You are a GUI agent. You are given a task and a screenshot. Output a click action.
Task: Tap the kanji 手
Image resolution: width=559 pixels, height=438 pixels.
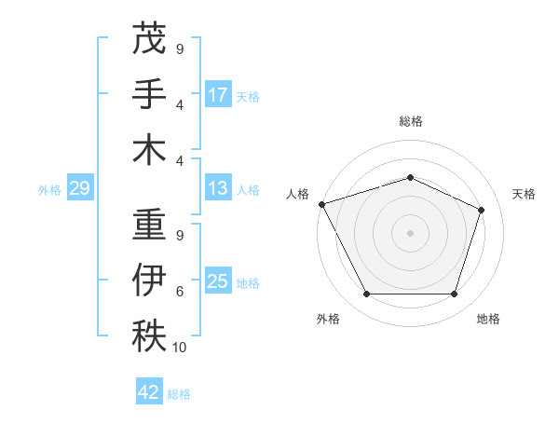149,94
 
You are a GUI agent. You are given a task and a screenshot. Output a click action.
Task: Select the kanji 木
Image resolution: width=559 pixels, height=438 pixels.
149,150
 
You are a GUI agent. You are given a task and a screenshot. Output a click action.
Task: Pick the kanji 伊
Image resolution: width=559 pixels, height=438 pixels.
149,281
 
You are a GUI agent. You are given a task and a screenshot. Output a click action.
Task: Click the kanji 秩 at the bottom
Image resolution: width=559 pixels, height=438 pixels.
149,336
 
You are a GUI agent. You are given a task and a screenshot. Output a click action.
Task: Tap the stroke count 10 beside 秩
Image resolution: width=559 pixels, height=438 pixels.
180,348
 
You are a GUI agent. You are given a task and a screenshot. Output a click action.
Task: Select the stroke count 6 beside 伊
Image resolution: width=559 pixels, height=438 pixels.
180,292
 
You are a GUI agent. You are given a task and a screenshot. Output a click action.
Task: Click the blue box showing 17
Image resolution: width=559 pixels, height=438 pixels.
218,94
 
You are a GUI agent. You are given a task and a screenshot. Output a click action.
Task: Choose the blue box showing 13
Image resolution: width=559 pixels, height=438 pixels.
218,188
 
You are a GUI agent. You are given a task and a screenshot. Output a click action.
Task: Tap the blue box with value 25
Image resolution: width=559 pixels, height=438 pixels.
218,281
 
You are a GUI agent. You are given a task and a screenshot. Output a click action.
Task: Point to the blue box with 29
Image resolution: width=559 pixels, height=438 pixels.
79,189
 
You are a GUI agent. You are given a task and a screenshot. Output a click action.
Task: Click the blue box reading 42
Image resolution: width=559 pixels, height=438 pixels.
149,392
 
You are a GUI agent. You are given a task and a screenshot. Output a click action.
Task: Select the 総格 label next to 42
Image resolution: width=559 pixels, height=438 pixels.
179,394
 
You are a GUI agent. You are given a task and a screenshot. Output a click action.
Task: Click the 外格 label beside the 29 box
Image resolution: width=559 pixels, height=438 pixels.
49,190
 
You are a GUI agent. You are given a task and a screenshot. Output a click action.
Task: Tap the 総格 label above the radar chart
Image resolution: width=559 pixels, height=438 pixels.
410,121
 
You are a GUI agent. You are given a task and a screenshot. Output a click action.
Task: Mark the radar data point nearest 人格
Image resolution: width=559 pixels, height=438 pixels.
321,204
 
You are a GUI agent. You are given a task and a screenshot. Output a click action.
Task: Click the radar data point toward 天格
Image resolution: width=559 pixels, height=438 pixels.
482,210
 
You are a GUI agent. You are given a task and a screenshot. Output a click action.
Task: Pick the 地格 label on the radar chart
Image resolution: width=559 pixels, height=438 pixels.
488,319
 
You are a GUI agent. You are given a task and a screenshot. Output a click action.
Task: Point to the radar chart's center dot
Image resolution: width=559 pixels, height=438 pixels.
410,232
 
